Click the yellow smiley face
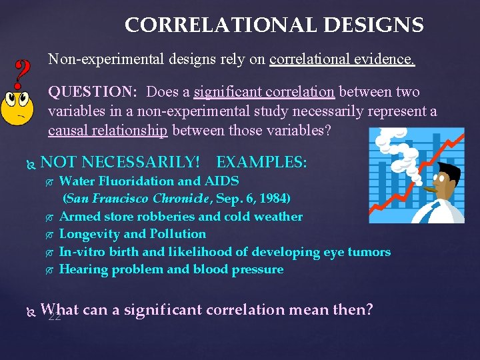point(18,110)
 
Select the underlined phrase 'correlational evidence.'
point(342,60)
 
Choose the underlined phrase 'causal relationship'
point(108,129)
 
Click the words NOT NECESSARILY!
point(120,162)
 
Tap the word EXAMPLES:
point(262,162)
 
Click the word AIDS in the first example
point(223,181)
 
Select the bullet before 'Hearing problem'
point(49,270)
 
